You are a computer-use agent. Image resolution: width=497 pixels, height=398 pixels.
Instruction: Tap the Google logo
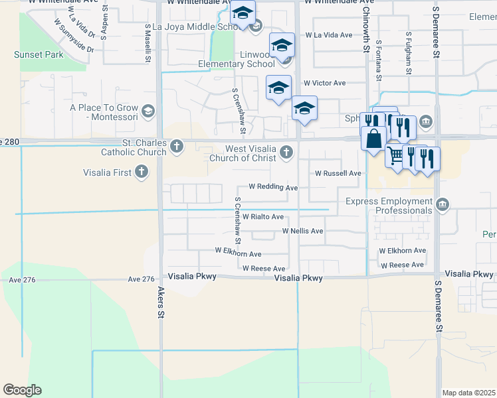(22, 390)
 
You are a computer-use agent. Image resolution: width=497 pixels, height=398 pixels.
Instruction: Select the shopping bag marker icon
(373, 139)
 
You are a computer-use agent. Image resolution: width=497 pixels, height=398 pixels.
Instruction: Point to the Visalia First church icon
(141, 172)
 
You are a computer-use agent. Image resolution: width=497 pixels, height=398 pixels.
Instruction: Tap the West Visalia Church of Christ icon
(286, 153)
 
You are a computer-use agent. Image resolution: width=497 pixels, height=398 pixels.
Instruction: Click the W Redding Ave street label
(273, 188)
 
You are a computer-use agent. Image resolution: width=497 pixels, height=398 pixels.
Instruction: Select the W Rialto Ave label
(263, 217)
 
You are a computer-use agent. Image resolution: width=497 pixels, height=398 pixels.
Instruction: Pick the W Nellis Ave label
(302, 231)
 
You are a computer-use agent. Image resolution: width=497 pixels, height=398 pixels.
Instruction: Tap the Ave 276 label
(21, 280)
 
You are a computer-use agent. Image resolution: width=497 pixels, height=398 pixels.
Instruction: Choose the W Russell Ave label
(338, 173)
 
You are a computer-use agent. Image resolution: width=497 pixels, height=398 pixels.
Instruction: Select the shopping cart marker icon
(395, 156)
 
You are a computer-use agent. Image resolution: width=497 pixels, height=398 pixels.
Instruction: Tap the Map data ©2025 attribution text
(468, 393)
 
